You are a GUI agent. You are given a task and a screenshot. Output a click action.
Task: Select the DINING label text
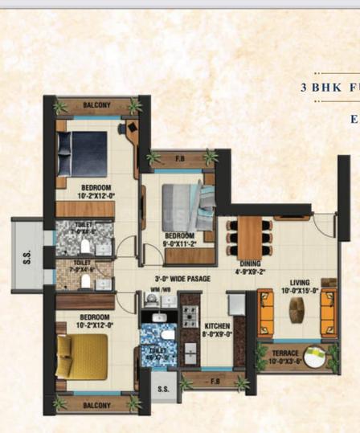coord(249,263)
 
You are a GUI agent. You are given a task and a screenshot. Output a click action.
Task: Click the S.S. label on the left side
coord(27,258)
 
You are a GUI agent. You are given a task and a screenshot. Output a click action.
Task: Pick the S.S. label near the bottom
coord(163,389)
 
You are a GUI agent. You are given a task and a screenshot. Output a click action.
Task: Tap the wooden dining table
coord(249,235)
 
